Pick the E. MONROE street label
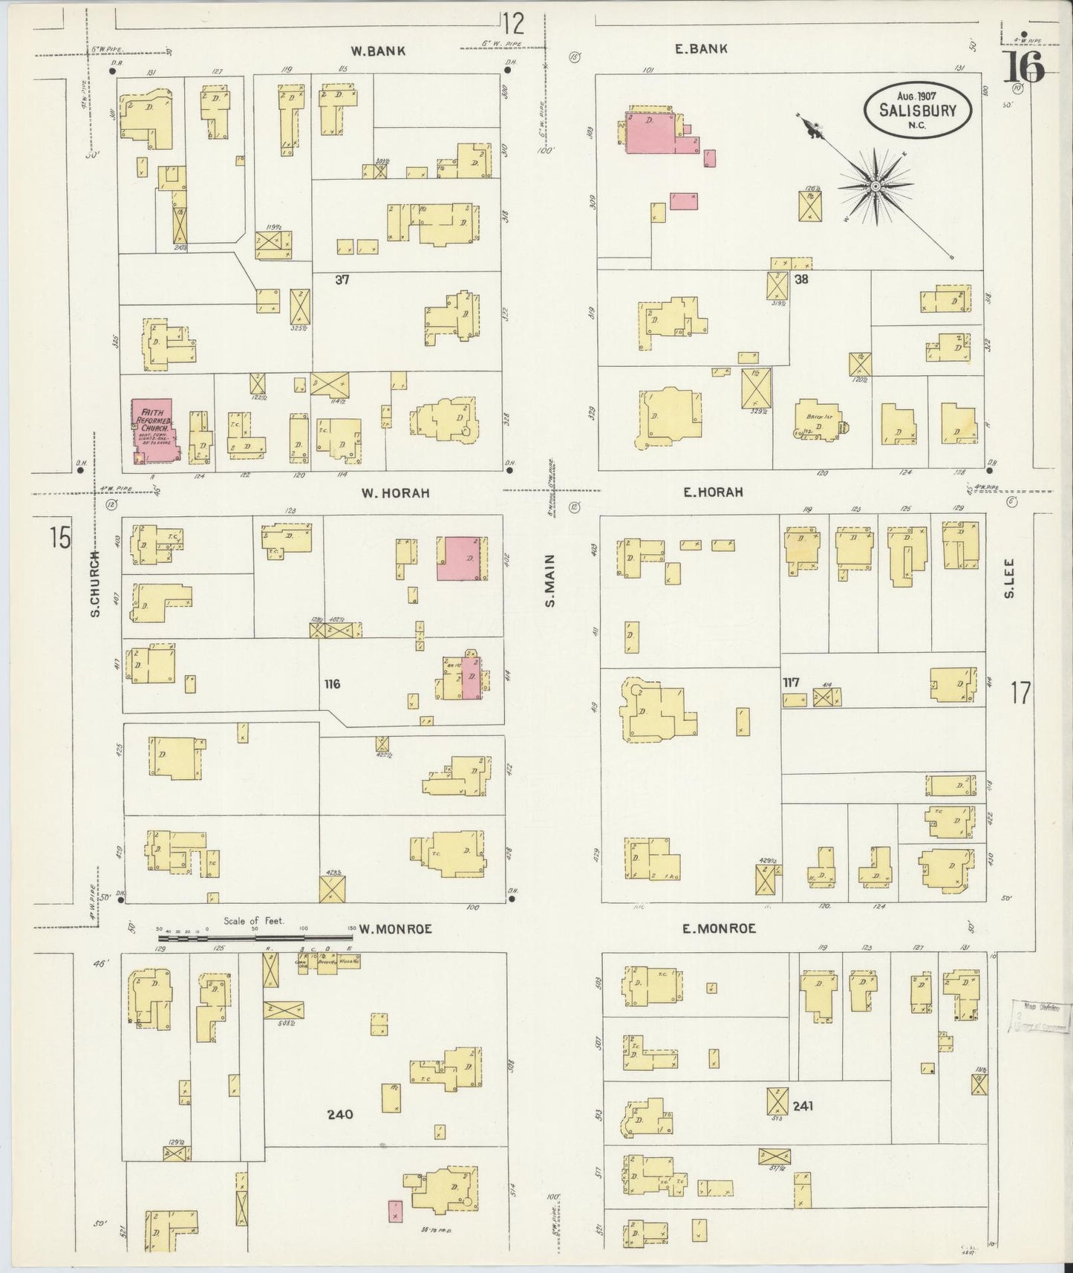point(719,928)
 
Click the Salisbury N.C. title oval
point(917,108)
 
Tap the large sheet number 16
point(1024,68)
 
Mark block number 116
point(331,683)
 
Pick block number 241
point(803,1105)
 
